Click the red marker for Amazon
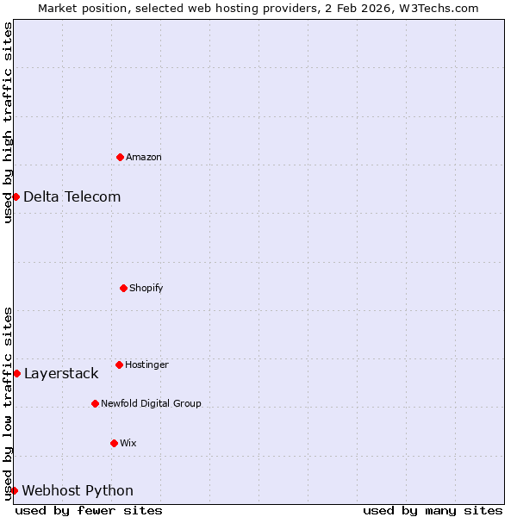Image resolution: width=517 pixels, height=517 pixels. (x=120, y=157)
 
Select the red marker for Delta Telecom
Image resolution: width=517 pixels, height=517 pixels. (x=16, y=196)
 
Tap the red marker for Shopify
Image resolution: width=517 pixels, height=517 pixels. (x=123, y=288)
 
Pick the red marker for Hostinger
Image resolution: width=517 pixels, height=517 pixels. (x=119, y=364)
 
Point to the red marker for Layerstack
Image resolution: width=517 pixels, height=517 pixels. (x=16, y=373)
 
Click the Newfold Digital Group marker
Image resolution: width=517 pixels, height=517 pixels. (x=95, y=403)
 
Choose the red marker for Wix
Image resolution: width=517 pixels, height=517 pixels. (x=114, y=443)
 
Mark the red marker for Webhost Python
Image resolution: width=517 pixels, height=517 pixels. (x=14, y=490)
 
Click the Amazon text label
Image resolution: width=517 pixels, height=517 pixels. (x=144, y=157)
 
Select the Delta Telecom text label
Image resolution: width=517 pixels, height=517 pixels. (x=72, y=196)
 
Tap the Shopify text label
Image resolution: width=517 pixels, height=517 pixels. (x=146, y=288)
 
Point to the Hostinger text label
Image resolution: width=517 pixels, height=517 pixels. (x=146, y=364)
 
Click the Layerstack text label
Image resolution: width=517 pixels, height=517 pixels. (x=61, y=373)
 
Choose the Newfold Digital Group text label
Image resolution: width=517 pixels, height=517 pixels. (x=151, y=403)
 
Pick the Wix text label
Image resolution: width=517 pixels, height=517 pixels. (x=128, y=443)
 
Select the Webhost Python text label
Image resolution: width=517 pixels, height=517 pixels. (x=78, y=490)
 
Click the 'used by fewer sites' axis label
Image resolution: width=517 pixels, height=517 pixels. (x=89, y=510)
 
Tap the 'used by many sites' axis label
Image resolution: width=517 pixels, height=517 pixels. (x=433, y=510)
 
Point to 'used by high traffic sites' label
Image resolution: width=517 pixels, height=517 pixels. (x=8, y=122)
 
